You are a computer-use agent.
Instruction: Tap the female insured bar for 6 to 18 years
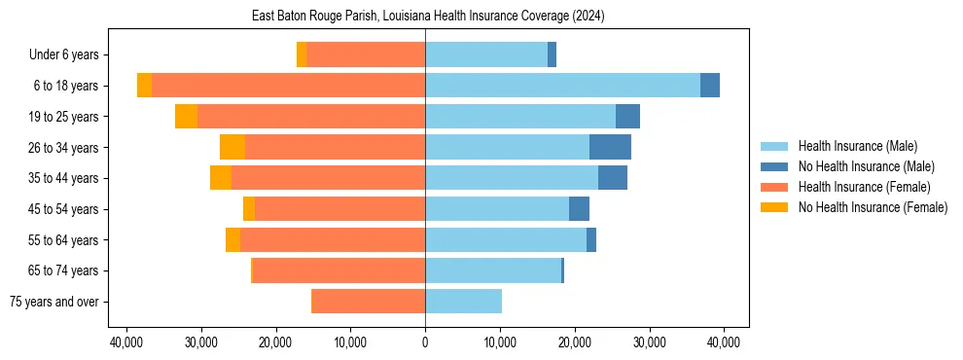(x=288, y=86)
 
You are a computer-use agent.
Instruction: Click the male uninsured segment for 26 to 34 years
(x=610, y=147)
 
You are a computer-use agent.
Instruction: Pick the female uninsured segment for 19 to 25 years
(x=186, y=117)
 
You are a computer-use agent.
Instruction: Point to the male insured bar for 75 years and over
(x=463, y=302)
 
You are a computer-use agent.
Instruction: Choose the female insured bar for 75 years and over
(x=368, y=302)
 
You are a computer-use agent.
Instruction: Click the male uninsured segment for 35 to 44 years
(x=613, y=178)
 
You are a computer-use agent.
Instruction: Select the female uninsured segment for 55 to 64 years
(x=232, y=240)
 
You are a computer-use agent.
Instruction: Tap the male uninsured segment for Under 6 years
(x=552, y=55)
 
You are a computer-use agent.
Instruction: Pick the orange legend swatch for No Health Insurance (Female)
(x=775, y=207)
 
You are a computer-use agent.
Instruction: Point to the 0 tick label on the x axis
(x=425, y=342)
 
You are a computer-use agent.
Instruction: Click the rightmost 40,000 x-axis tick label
(x=724, y=342)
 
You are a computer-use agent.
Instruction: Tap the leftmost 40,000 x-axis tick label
(x=126, y=342)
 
